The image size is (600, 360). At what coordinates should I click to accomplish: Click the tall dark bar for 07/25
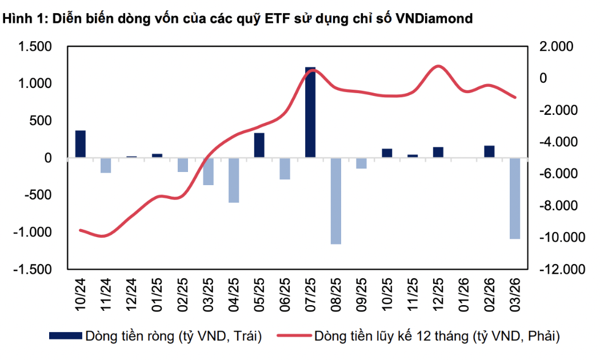(x=310, y=112)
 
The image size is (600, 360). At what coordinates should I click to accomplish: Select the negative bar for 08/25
(x=336, y=201)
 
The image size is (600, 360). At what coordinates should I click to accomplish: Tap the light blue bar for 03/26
(x=515, y=198)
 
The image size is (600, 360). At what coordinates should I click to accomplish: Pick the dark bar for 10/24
(x=81, y=144)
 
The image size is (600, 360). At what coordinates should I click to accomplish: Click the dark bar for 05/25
(x=259, y=145)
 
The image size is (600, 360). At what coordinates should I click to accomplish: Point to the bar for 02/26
(x=489, y=151)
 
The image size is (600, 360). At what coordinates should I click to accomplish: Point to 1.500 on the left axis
(x=35, y=47)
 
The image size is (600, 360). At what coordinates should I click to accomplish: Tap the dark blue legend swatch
(x=65, y=336)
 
